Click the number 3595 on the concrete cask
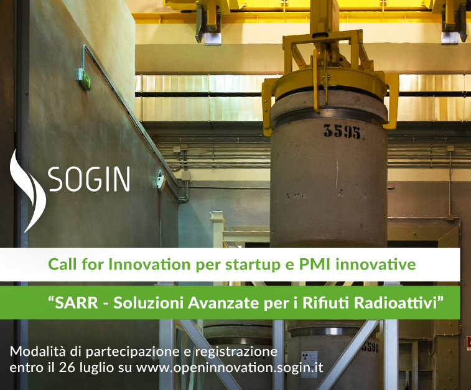(x=342, y=131)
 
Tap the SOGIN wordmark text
(x=89, y=179)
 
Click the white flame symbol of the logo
(x=27, y=191)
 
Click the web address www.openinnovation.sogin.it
(x=230, y=368)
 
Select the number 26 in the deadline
(x=67, y=368)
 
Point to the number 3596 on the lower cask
(x=370, y=347)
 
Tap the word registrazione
(x=236, y=352)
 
